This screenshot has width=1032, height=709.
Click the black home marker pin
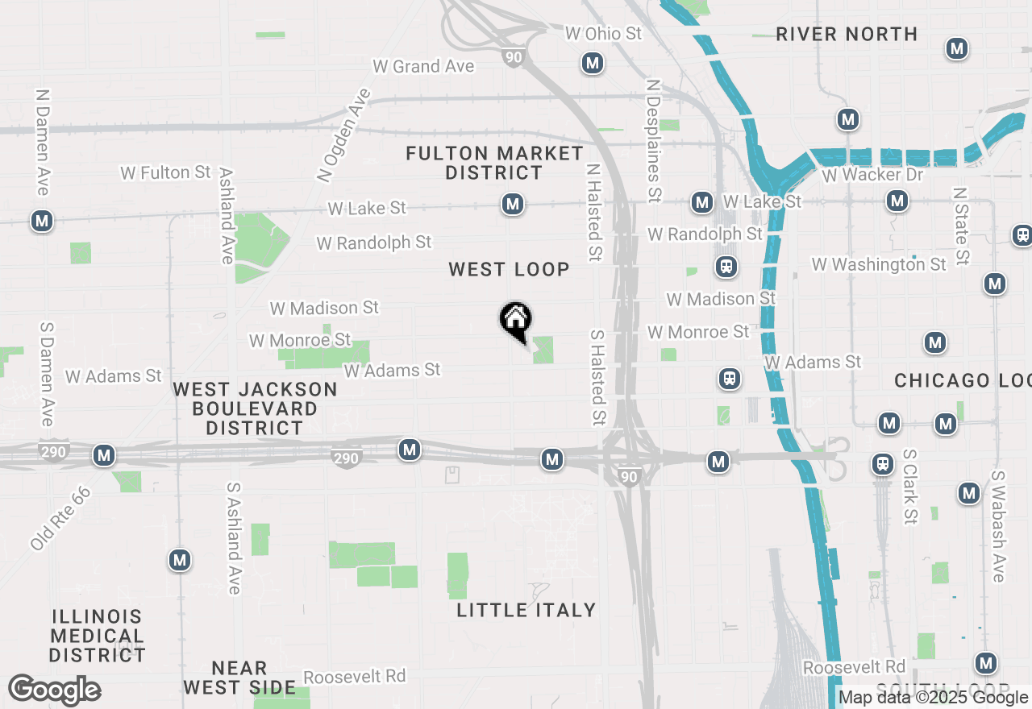tap(515, 321)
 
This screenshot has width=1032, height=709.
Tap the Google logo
tap(55, 690)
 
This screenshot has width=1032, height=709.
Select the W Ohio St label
tap(603, 33)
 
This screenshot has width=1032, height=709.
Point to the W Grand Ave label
tap(423, 66)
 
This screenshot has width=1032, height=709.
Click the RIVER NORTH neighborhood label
tap(847, 34)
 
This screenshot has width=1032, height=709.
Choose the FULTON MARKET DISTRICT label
tap(494, 163)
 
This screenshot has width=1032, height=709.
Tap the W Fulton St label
tap(165, 172)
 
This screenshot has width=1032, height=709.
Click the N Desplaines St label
tap(654, 140)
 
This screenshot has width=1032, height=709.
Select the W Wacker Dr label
tap(872, 174)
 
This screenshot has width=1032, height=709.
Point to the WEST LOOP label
tap(509, 269)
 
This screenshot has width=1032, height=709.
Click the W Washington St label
tap(879, 264)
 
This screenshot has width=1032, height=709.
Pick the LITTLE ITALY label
tap(526, 610)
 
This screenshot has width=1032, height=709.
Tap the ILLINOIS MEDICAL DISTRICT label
tap(97, 636)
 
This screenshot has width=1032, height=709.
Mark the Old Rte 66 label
tap(60, 518)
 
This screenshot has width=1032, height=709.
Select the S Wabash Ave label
tap(998, 526)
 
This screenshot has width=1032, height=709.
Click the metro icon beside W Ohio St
tap(593, 63)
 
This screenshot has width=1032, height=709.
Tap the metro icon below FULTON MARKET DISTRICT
tap(512, 205)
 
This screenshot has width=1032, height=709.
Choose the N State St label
tap(959, 226)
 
